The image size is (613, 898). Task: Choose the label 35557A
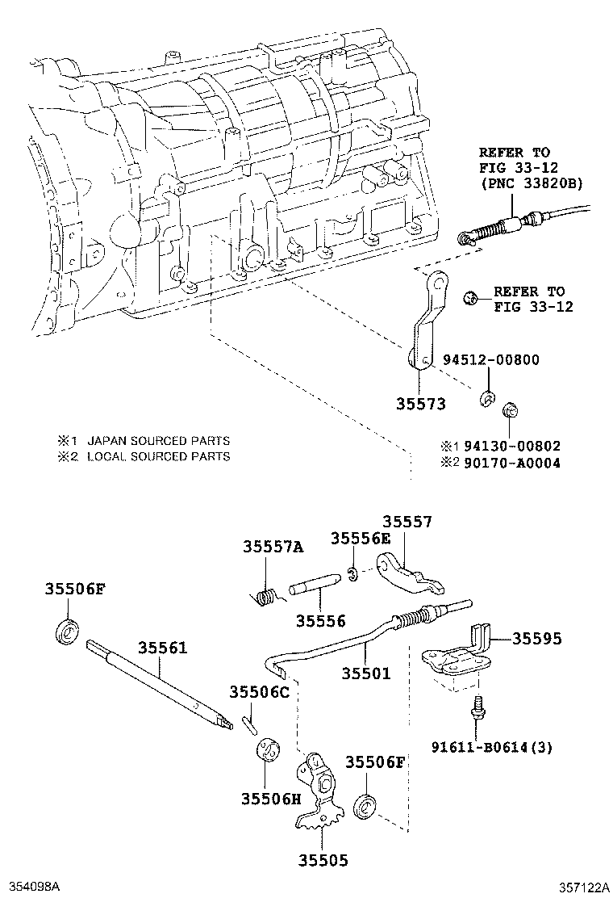tap(273, 548)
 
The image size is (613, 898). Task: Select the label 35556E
tap(360, 539)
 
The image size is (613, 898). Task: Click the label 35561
tap(162, 647)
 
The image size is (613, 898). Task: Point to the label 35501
tap(365, 672)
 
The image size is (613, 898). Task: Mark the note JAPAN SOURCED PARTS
tap(158, 441)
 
